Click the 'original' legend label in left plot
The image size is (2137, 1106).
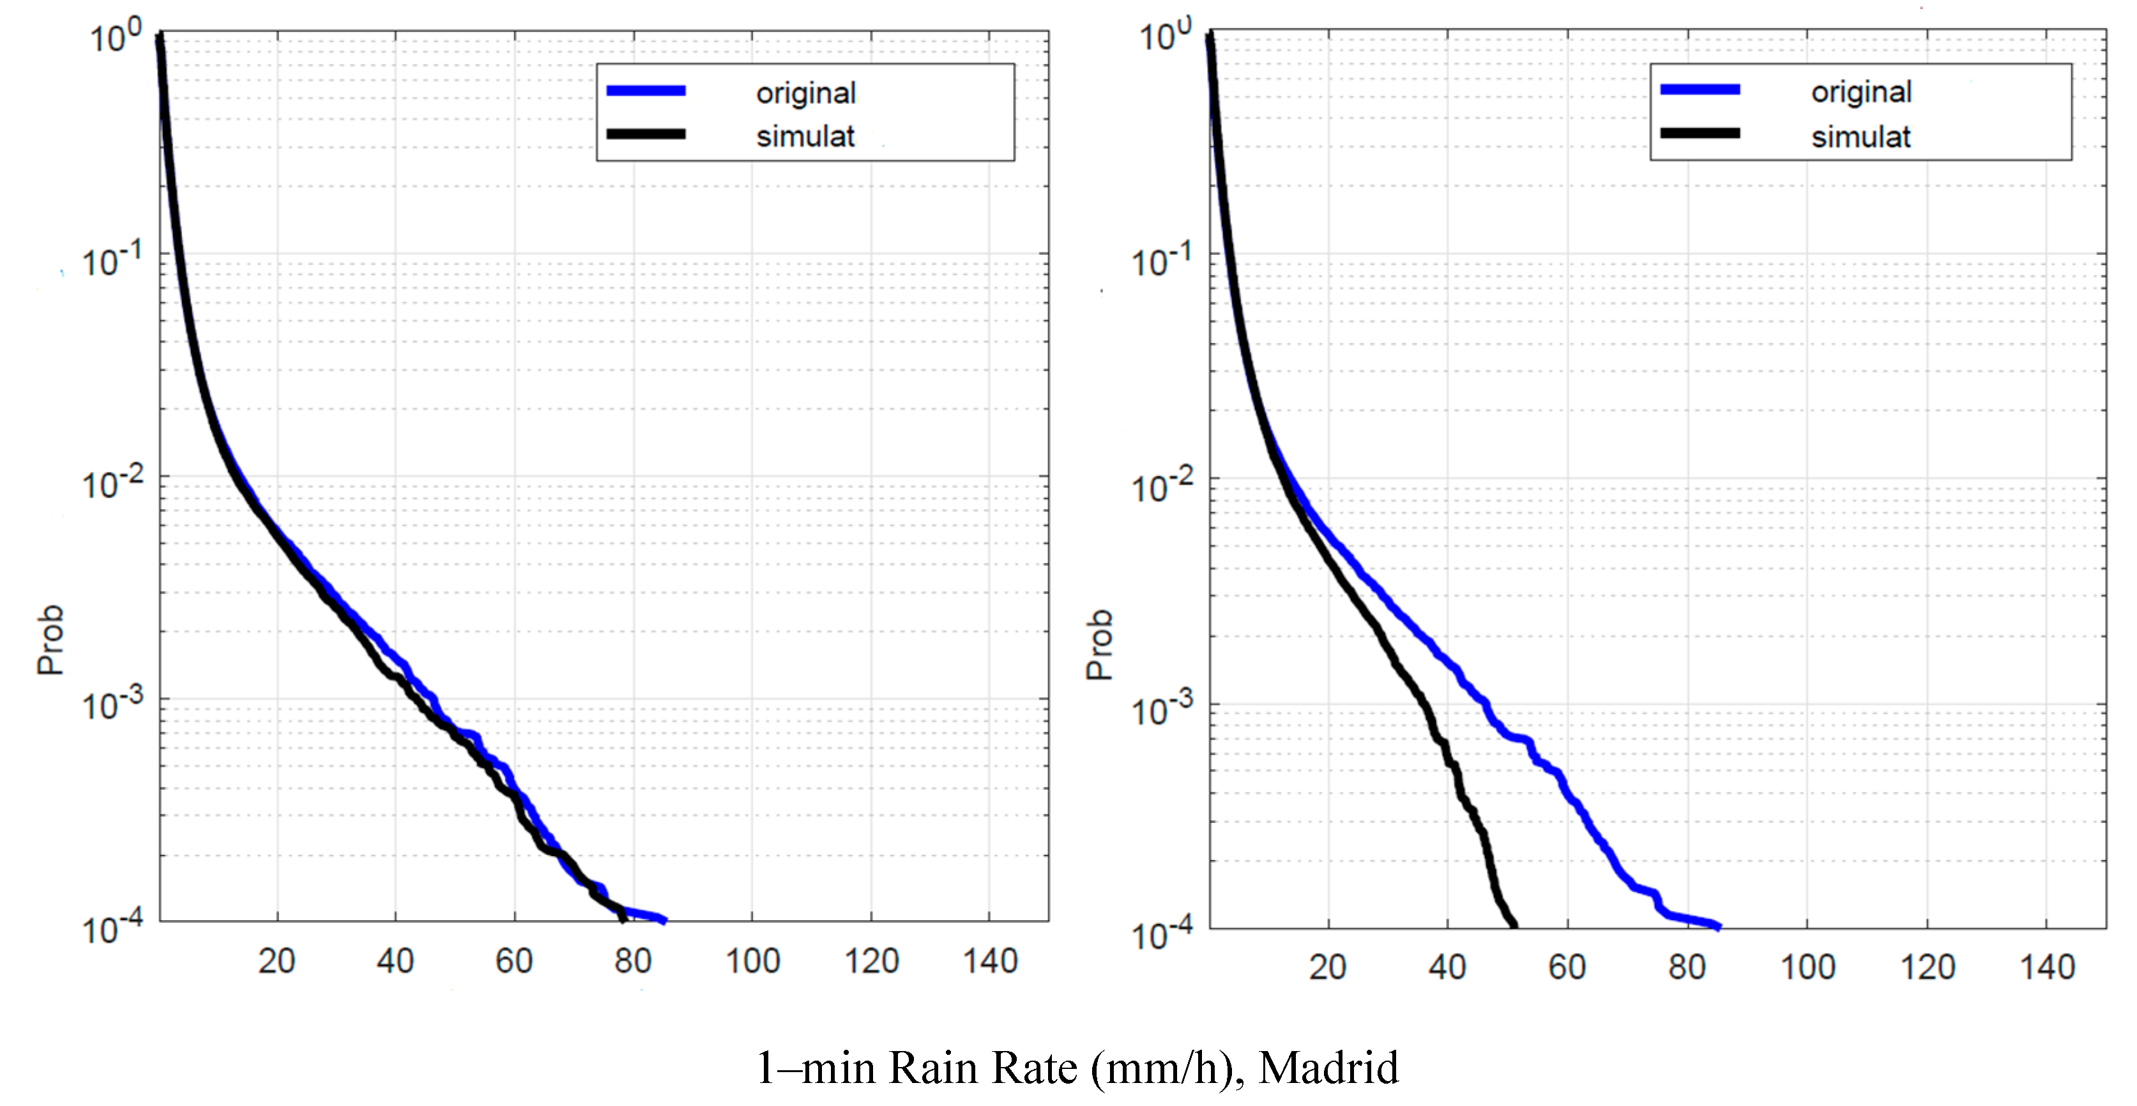805,93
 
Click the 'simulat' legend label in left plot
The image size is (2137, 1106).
805,137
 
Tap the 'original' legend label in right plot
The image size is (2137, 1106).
1860,92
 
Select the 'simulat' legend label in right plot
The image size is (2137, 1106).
1860,137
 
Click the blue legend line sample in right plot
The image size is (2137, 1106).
1699,89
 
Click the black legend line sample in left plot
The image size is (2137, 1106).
646,134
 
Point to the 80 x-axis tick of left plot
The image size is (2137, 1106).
633,962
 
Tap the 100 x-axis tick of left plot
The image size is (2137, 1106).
752,962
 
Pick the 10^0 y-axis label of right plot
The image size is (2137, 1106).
1164,36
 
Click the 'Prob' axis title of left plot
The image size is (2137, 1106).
50,640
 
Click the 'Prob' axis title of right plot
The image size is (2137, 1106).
1099,645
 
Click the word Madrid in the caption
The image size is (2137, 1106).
1328,1068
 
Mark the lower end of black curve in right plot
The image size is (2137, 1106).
1515,925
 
